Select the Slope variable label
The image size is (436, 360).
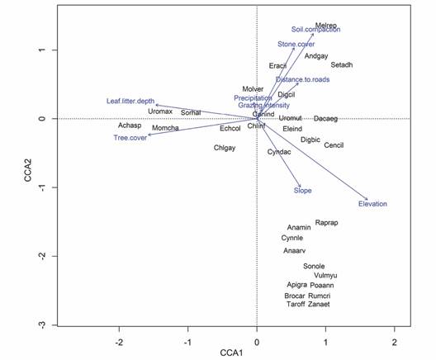303,191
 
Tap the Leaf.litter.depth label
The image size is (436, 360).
130,101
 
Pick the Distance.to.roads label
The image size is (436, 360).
300,80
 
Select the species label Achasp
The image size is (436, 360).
130,126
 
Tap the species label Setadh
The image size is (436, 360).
342,64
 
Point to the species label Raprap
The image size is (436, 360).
326,223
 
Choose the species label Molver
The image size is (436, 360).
254,89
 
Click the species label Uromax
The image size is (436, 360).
160,111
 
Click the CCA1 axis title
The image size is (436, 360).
256,353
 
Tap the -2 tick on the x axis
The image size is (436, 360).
119,341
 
